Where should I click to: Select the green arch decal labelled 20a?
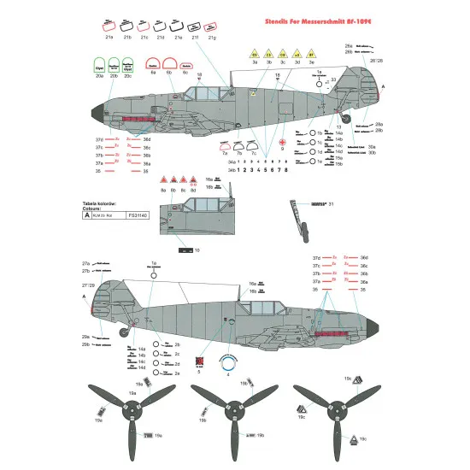point(100,65)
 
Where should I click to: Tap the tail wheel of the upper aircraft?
point(346,119)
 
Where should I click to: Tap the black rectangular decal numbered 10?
point(186,250)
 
